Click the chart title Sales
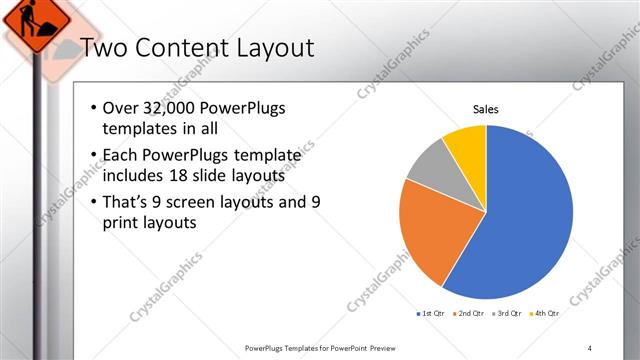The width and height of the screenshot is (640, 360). (486, 110)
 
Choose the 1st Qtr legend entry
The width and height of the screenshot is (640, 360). (432, 315)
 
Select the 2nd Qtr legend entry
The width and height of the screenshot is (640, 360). (470, 315)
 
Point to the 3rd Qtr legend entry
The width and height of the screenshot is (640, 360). (508, 315)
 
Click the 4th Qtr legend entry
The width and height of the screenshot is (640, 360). (545, 315)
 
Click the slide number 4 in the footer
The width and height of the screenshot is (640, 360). (589, 347)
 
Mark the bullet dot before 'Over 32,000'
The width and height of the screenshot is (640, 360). (93, 108)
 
